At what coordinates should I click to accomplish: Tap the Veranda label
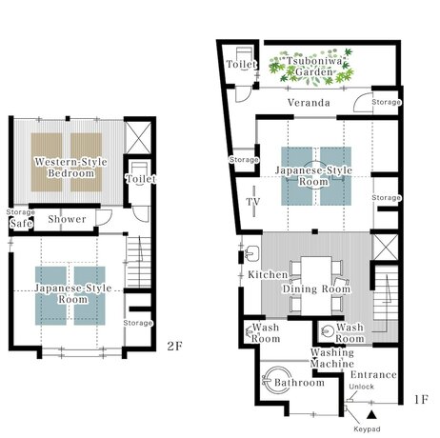[309, 103]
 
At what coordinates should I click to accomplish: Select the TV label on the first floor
[253, 202]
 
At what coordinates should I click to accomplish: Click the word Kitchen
[268, 274]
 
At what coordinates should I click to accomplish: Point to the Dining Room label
[316, 289]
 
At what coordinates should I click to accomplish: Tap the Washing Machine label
[332, 358]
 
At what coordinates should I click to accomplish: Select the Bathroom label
[299, 383]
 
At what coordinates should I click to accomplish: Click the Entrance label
[373, 375]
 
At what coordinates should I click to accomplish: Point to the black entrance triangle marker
[371, 414]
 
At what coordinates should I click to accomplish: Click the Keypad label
[367, 429]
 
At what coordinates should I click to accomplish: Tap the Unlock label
[361, 387]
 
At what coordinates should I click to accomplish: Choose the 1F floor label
[421, 399]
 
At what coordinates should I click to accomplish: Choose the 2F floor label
[175, 346]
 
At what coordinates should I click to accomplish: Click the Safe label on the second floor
[21, 223]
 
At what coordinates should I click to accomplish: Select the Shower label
[67, 219]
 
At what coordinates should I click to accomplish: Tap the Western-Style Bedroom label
[70, 168]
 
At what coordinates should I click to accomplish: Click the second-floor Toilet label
[141, 179]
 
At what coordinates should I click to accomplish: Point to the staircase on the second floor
[138, 262]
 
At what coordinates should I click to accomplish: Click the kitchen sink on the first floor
[252, 253]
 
